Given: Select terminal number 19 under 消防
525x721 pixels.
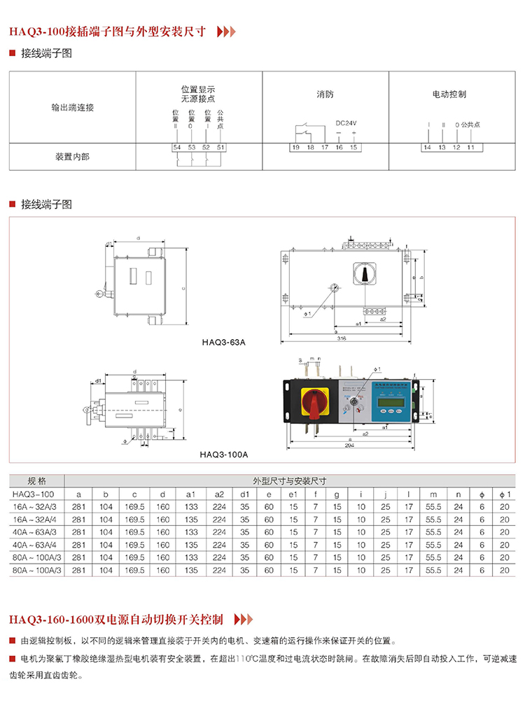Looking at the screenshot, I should point(296,148).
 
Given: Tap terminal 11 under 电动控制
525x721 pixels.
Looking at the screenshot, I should point(471,148).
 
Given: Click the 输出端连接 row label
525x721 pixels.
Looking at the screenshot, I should point(72,108).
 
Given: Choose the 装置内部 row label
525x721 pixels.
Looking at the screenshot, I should point(72,157).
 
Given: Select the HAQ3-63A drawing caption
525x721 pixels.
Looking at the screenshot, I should point(219,343).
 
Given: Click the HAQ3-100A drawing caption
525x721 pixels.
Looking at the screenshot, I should point(223,454).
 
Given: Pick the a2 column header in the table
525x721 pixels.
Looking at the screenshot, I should point(219,494).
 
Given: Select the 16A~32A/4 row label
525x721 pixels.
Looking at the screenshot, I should point(36,520).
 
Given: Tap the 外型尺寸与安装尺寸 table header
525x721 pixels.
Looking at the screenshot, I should point(290,481).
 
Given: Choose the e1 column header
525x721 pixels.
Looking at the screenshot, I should point(294,494).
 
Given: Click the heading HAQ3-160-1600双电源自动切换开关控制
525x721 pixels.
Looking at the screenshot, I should point(116,619).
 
